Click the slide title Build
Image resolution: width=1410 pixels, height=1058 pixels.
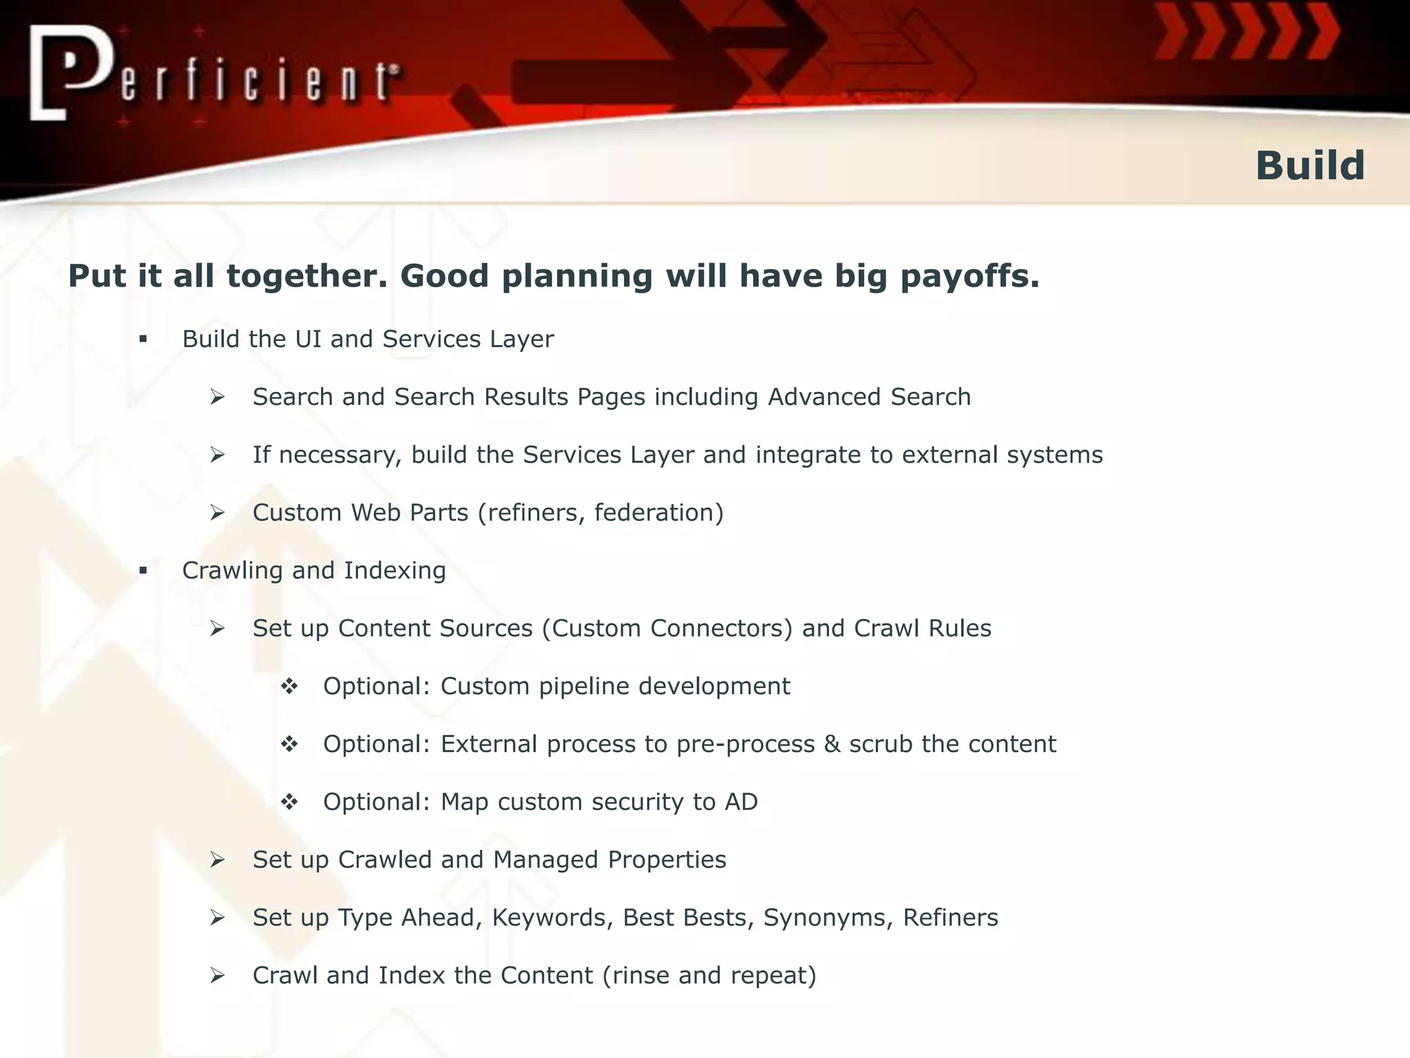[1309, 166]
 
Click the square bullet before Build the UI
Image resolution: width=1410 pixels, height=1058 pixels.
[143, 339]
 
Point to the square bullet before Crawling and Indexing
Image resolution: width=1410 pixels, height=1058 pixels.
[143, 570]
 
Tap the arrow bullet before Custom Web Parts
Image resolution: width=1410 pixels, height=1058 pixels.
[218, 512]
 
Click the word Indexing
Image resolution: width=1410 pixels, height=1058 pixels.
[394, 570]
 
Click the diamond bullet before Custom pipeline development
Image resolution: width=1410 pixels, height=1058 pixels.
[289, 686]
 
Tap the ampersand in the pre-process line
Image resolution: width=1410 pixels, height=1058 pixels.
[832, 744]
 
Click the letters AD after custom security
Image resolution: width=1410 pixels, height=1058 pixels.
[741, 802]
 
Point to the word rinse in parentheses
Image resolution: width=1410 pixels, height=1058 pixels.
[641, 975]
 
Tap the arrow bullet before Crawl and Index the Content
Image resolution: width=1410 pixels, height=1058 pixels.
[218, 975]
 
